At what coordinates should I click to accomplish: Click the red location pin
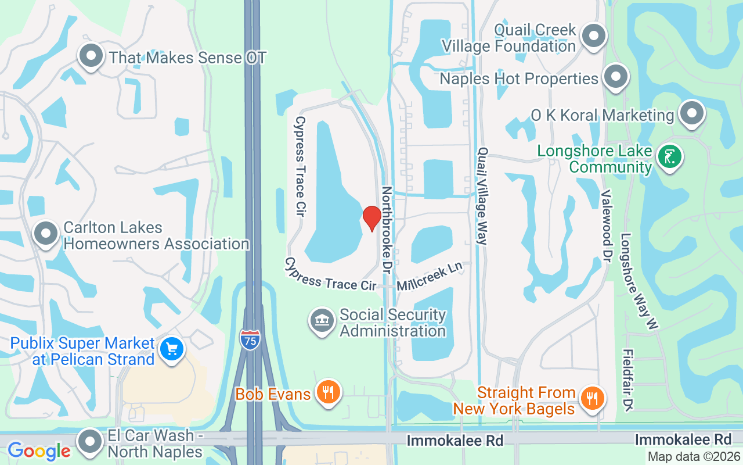point(371,217)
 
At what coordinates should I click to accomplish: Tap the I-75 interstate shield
point(250,338)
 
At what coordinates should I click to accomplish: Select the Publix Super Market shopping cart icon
point(172,349)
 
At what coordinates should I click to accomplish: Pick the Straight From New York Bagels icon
point(592,399)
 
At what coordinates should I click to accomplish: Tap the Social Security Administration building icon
point(322,321)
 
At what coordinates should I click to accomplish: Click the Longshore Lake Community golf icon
point(669,157)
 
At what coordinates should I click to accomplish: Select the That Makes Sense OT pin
point(91,56)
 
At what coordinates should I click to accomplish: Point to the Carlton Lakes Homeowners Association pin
point(46,234)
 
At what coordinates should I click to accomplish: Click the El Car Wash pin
point(90,441)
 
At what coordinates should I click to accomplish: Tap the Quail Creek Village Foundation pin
point(593,36)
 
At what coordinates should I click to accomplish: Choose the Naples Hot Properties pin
point(615,77)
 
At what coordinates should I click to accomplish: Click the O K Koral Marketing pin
point(691,114)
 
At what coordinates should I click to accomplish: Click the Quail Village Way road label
point(482,196)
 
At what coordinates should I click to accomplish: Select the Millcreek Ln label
point(430,276)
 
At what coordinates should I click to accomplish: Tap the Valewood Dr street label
point(607,226)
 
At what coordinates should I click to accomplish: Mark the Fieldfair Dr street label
point(627,380)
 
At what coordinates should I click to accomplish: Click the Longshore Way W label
point(639,282)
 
